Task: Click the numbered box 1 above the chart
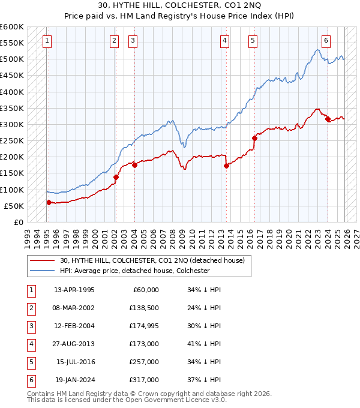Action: click(x=47, y=41)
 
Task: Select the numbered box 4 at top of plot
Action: click(x=224, y=41)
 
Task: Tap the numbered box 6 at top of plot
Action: click(x=326, y=41)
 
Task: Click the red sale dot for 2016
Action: click(x=254, y=138)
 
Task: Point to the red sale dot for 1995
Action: click(x=49, y=202)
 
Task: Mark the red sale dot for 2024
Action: click(x=328, y=119)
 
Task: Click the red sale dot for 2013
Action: click(x=226, y=166)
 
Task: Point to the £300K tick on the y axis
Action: click(x=12, y=124)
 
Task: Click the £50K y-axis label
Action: click(x=14, y=206)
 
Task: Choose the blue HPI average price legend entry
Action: click(x=134, y=271)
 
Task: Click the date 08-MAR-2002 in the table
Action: click(x=74, y=308)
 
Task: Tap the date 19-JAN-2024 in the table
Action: click(x=74, y=380)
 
